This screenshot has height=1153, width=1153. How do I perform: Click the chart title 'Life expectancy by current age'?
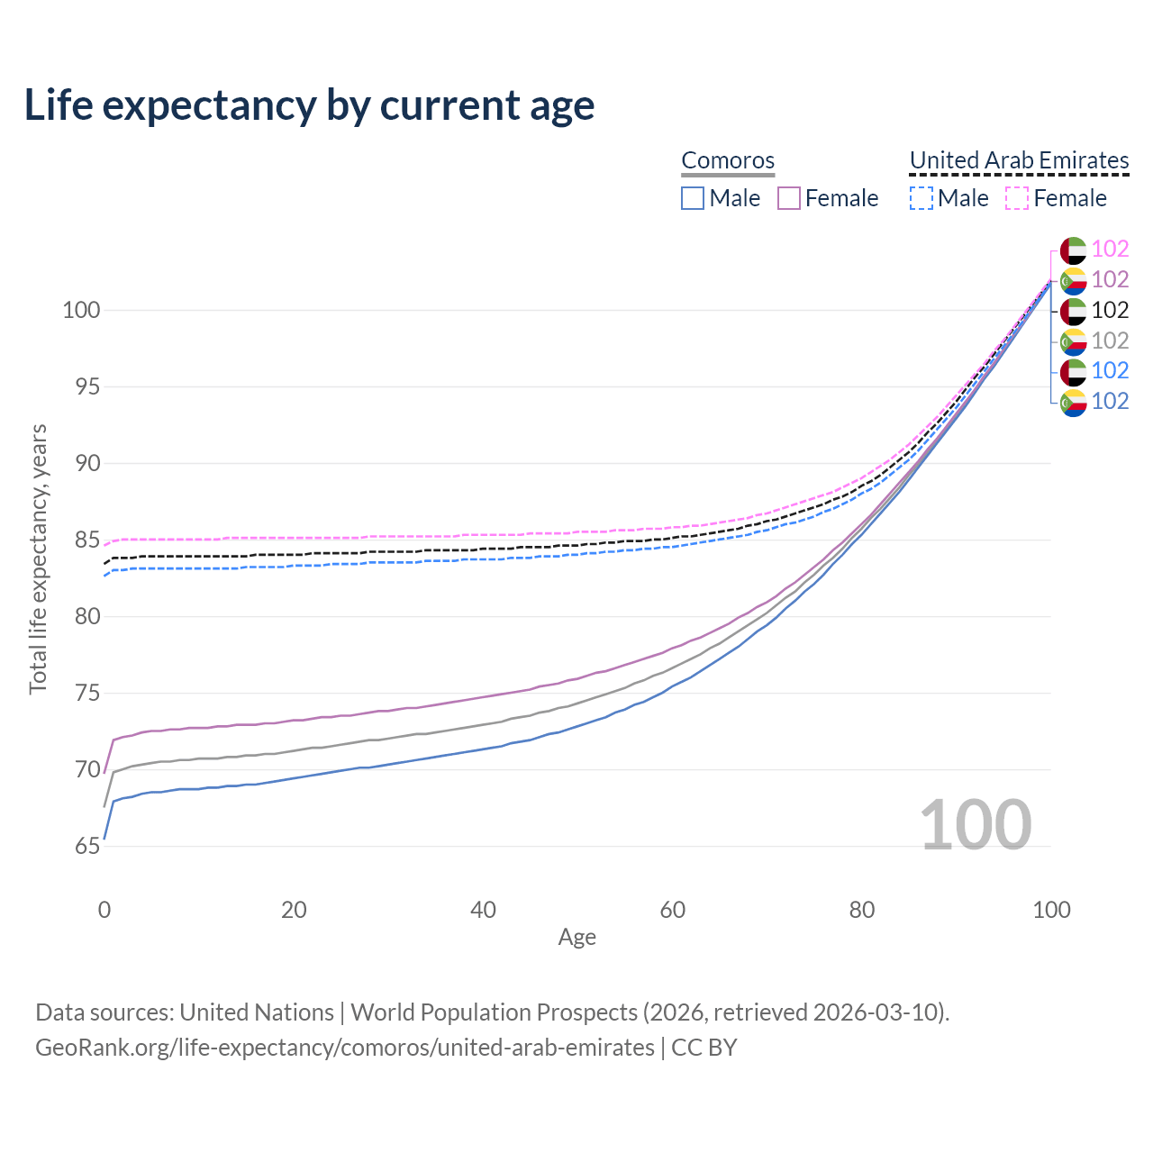(309, 105)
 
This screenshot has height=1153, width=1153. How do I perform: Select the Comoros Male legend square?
(692, 198)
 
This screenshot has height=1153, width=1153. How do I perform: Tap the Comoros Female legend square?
(789, 198)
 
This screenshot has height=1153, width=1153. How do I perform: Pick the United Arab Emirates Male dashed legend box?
(921, 198)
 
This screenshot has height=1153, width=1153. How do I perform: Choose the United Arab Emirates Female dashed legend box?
(1016, 198)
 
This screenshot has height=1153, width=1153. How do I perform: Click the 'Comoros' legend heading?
(728, 160)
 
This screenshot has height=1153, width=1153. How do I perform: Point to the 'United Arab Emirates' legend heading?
(1019, 160)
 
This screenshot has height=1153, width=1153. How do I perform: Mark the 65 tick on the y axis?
(87, 847)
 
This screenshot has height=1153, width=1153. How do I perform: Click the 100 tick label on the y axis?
(80, 311)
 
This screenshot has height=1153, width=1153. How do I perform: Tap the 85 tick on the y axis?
(87, 540)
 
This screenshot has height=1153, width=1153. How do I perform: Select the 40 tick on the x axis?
(484, 910)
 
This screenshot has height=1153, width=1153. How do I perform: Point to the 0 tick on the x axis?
(104, 910)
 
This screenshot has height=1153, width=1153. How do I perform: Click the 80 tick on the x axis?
(862, 910)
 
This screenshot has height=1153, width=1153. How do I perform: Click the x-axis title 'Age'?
(576, 938)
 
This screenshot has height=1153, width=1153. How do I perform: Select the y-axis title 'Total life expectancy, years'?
(38, 558)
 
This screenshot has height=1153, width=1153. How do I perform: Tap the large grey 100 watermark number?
(976, 825)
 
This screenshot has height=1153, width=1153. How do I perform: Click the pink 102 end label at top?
(1110, 250)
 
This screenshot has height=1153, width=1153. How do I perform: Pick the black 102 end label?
(1110, 311)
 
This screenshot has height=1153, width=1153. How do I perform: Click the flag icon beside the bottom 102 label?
(1074, 402)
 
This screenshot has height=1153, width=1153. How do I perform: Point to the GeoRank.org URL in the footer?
(345, 1048)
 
